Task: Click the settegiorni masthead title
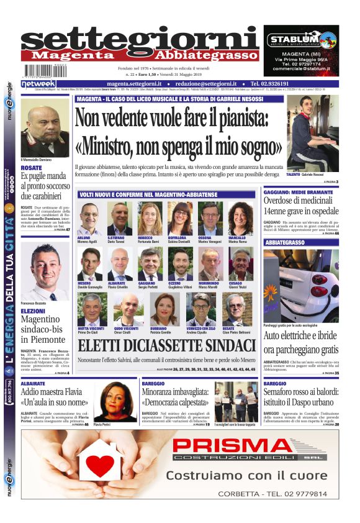(140, 40)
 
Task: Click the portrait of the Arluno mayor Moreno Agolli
(89, 219)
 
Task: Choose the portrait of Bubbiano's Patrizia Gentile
(164, 309)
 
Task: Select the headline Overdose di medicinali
(301, 209)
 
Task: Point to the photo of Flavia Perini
(114, 401)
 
